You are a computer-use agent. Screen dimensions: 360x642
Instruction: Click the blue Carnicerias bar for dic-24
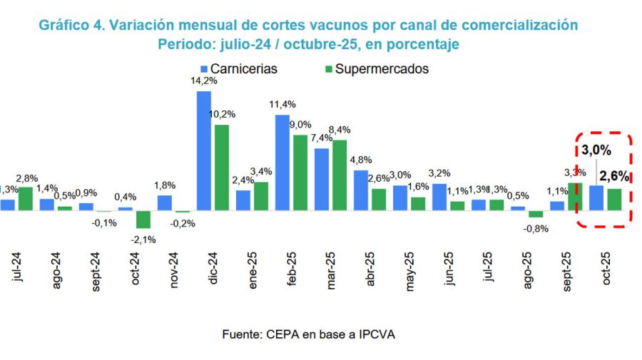pos(203,150)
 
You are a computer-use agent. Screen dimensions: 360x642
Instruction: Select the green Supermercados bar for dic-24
pos(222,168)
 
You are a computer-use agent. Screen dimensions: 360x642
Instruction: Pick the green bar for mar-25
pos(340,175)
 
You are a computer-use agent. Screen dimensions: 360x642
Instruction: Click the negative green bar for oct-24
pos(143,219)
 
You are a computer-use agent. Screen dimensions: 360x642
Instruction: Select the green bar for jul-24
pos(26,199)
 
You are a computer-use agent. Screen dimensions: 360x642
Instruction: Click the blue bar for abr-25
pos(361,190)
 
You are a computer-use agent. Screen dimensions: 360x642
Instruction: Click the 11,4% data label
pos(282,106)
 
